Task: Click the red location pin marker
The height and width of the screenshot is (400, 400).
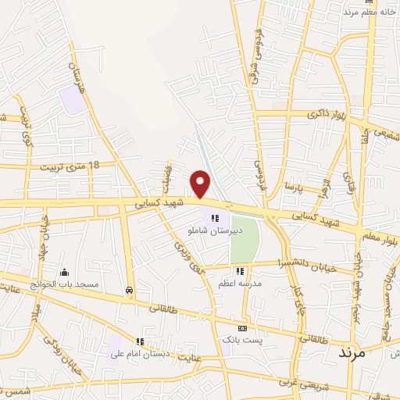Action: click(201, 184)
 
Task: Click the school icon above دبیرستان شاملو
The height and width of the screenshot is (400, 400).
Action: click(215, 218)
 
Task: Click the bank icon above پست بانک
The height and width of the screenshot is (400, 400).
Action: click(242, 329)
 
